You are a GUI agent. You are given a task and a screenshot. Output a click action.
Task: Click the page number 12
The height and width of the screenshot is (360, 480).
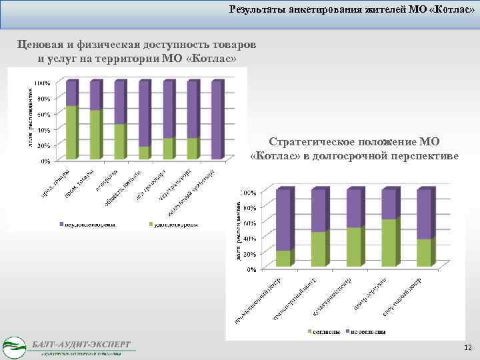point(467,348)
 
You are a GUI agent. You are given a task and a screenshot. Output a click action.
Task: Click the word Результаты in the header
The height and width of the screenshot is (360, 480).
point(255,10)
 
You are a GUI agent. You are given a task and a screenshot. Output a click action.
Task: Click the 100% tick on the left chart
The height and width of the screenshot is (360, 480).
point(41,83)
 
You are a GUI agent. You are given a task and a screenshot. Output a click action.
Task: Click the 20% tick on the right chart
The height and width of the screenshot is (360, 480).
point(248,254)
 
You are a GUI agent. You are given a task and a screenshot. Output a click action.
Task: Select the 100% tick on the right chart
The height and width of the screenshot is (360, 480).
point(247,193)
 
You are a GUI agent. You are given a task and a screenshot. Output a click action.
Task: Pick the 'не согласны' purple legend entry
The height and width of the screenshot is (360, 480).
point(367,331)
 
